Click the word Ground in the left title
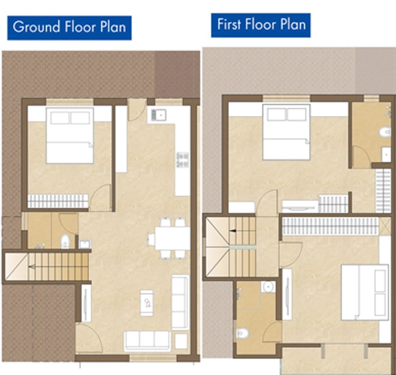tap(36, 27)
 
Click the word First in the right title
tap(229, 25)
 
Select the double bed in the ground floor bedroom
tap(70, 135)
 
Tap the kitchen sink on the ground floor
tap(159, 115)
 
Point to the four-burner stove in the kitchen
tap(182, 160)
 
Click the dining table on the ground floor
tap(172, 238)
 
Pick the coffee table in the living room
tap(147, 303)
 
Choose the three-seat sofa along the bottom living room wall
tap(147, 341)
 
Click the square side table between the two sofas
tap(181, 341)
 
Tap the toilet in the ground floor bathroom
tap(65, 241)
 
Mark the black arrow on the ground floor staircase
tap(32, 266)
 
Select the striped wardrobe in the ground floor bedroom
tap(58, 201)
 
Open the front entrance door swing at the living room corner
tap(90, 338)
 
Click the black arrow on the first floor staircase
tap(233, 231)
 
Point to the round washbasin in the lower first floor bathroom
tap(268, 287)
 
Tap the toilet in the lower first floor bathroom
tap(243, 333)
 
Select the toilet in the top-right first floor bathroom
tap(385, 132)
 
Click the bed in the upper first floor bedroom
tap(286, 132)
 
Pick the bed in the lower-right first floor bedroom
tap(365, 292)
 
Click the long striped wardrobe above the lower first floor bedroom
tap(330, 226)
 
